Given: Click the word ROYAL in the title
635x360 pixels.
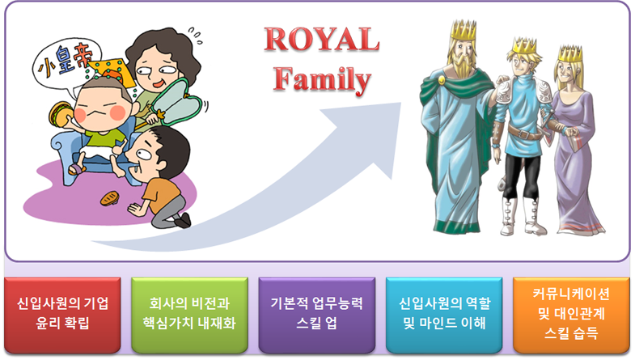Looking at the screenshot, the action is click(x=322, y=40).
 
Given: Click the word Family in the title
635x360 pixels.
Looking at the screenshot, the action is click(x=322, y=79).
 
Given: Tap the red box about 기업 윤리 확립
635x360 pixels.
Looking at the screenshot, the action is click(x=62, y=315).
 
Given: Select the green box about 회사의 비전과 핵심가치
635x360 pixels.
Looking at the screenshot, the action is click(x=189, y=315).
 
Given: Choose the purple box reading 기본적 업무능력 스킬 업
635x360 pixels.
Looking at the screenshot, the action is click(x=316, y=315).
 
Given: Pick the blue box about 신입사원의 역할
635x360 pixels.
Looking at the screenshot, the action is click(x=444, y=315).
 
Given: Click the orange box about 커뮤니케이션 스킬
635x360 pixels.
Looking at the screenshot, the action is click(x=571, y=315).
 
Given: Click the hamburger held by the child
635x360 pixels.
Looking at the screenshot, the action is click(x=61, y=114).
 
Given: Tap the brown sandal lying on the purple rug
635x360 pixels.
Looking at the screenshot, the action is click(x=110, y=198).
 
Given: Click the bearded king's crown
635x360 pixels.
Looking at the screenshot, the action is click(x=464, y=30).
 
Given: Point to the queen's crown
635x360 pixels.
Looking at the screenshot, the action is click(x=570, y=53).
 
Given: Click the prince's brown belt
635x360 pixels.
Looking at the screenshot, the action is click(x=525, y=133).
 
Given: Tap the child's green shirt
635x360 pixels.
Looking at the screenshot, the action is click(x=104, y=138).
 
